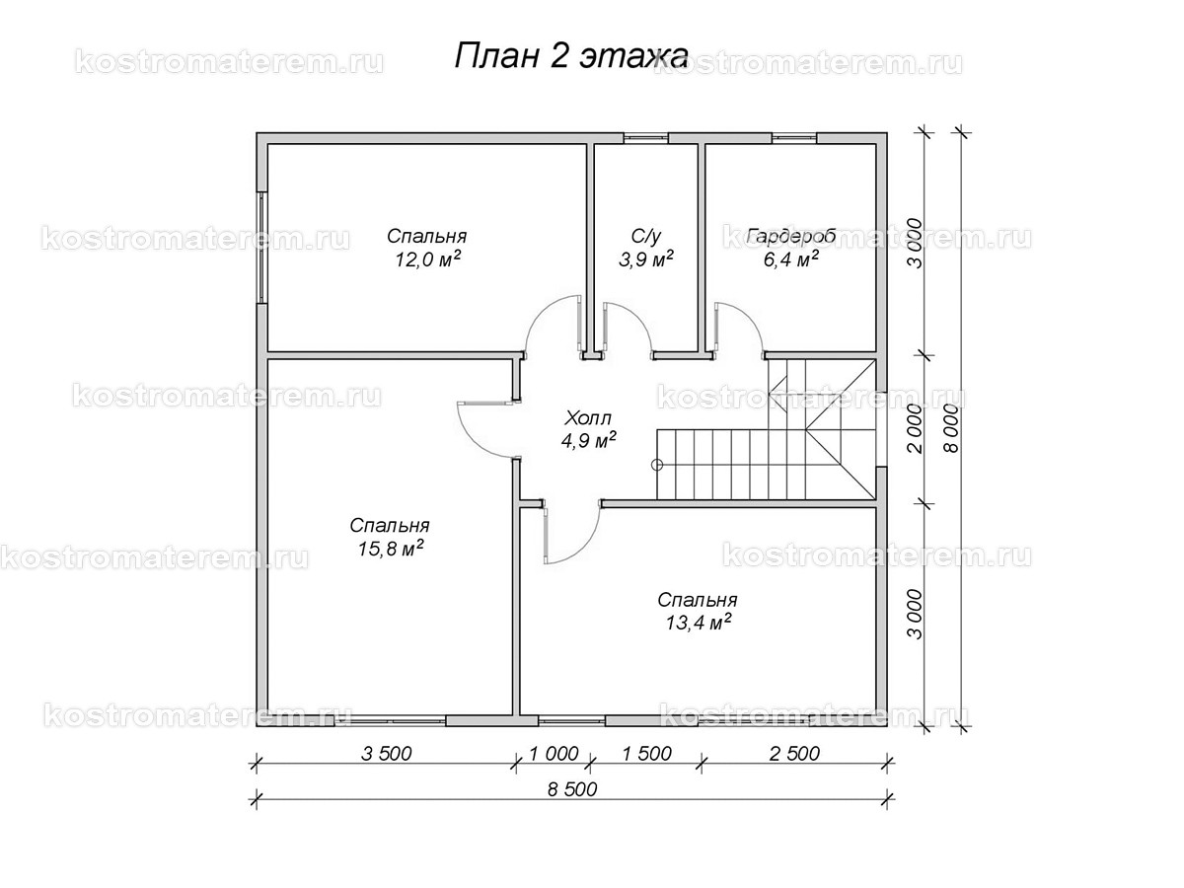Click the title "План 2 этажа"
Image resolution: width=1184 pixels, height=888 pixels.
point(570,55)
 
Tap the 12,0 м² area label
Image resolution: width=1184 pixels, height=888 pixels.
point(426,259)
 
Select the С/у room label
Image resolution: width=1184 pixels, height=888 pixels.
point(645,237)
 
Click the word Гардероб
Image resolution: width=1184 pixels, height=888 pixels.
point(791,237)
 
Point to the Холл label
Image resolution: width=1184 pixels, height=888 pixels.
point(589,416)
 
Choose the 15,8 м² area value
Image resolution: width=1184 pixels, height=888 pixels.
point(391,549)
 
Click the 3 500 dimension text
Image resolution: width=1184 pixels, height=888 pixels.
point(386,755)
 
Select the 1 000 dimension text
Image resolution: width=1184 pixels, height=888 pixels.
point(553,755)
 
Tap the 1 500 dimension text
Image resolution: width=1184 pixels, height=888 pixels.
point(646,755)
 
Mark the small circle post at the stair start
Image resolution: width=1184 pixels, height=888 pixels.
point(657,464)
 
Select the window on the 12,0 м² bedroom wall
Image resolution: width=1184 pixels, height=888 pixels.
point(261,247)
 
